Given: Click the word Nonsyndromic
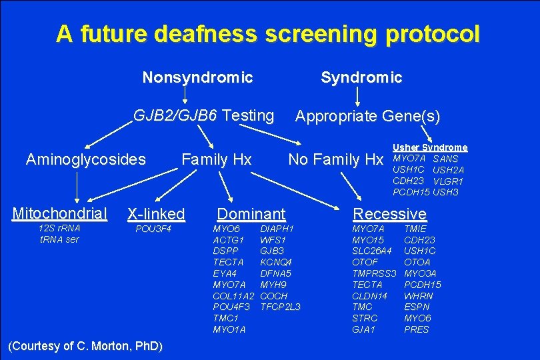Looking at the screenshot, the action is click(198, 78).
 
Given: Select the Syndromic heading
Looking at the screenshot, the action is click(361, 78).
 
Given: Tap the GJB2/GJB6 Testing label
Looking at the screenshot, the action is click(203, 115).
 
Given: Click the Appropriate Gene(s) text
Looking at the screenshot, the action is click(367, 117).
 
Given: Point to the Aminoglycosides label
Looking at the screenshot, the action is click(85, 159).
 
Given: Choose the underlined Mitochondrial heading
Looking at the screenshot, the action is click(59, 213).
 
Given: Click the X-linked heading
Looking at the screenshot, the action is click(155, 214).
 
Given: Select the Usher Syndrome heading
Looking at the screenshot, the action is click(430, 147).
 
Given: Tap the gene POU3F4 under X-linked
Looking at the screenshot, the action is click(153, 229).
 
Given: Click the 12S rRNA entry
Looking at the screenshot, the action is click(59, 229).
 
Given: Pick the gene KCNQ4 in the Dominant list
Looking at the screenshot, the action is click(276, 262).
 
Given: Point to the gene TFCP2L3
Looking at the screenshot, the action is click(280, 307).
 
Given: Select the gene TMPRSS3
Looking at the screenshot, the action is click(374, 273).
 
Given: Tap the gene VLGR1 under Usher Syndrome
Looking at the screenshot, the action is click(448, 181).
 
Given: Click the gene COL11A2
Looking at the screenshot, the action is click(233, 295).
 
